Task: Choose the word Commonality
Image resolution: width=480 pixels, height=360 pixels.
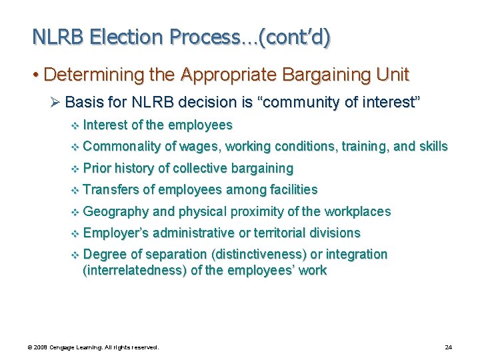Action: (123, 146)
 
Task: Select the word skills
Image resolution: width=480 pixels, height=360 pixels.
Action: (432, 146)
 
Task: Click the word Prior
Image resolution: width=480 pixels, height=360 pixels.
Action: (98, 168)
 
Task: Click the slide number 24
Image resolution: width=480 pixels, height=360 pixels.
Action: (448, 347)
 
